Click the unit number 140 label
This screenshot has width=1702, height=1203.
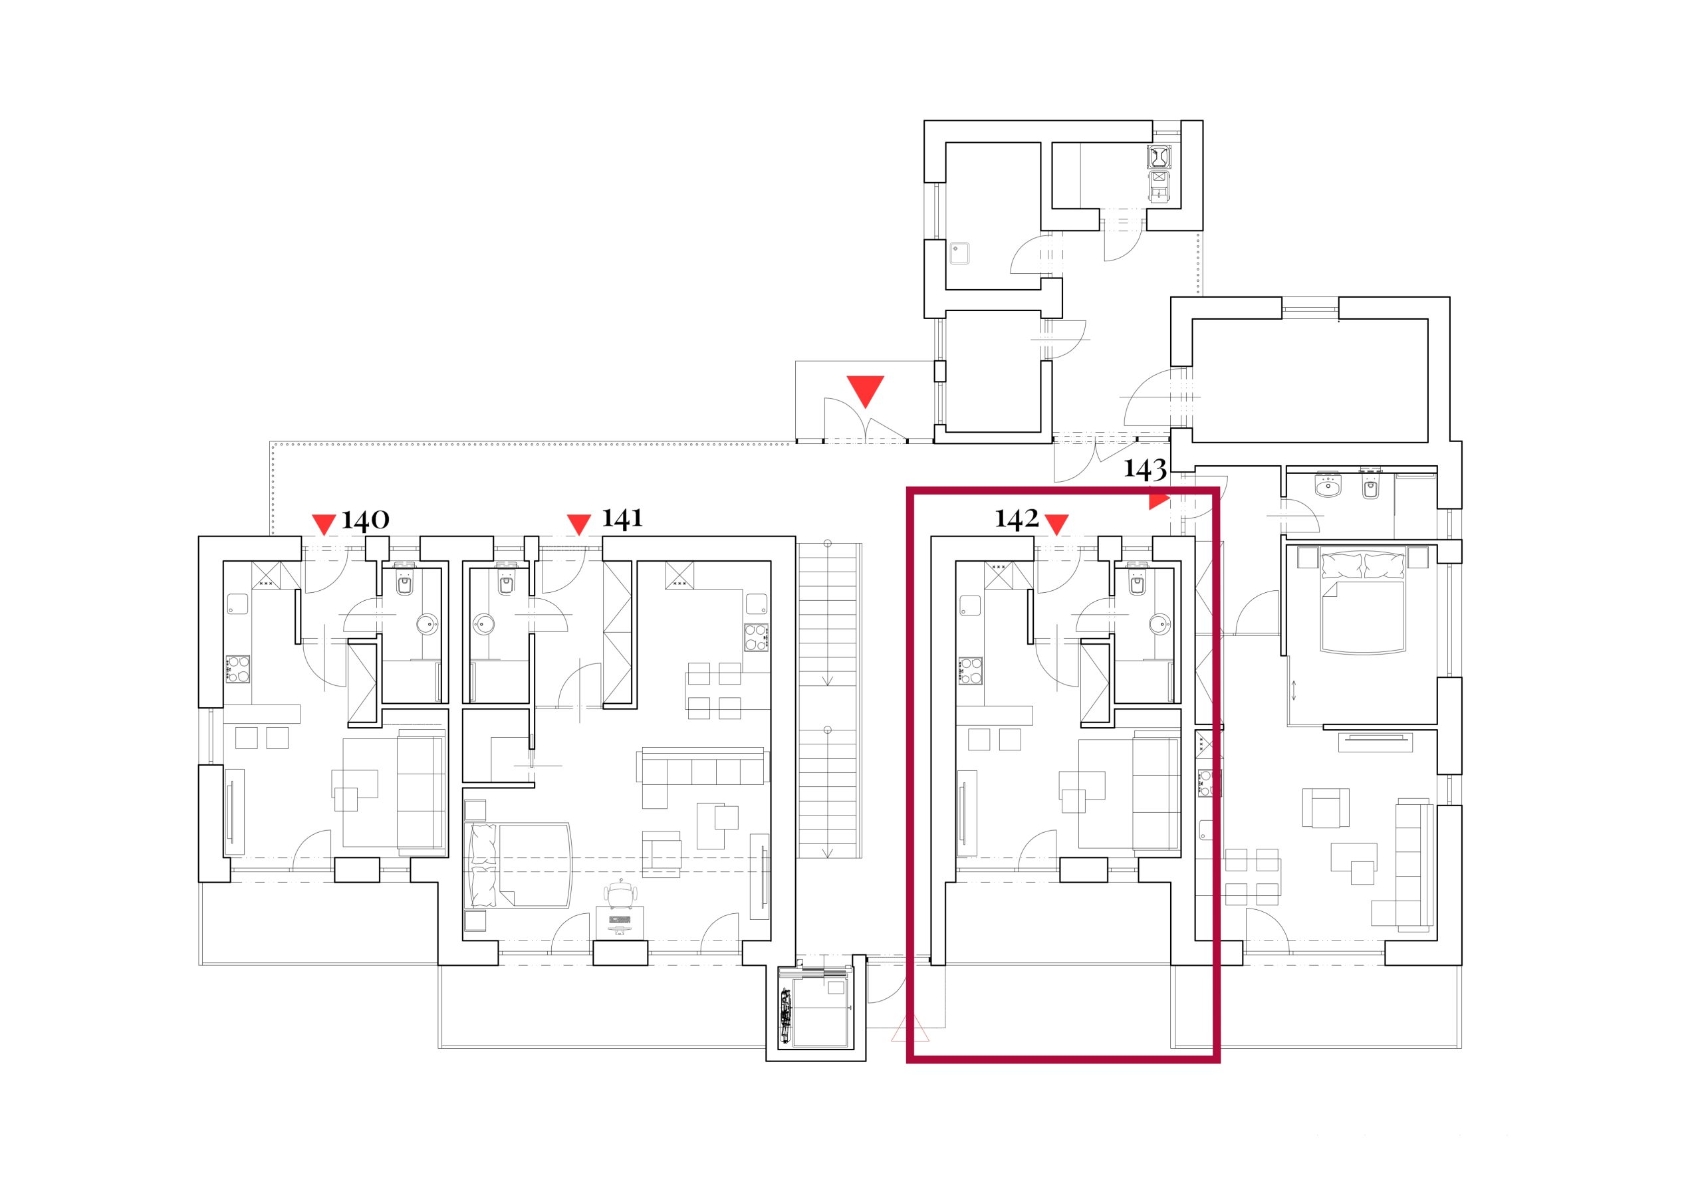coord(365,520)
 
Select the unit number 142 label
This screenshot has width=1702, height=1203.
coord(1017,519)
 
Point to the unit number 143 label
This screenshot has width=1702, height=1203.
coord(1146,469)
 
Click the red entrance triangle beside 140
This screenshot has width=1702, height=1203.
coord(324,524)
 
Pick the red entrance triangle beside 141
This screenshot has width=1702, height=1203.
coord(578,524)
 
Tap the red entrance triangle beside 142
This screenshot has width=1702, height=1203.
coord(1056,524)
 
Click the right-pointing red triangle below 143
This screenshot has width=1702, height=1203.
coord(1159,502)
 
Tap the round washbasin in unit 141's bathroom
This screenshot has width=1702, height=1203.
coord(484,623)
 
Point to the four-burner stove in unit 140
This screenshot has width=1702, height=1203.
coord(238,669)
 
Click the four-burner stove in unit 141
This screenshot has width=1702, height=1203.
coord(756,637)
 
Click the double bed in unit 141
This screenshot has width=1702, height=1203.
coord(518,865)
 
